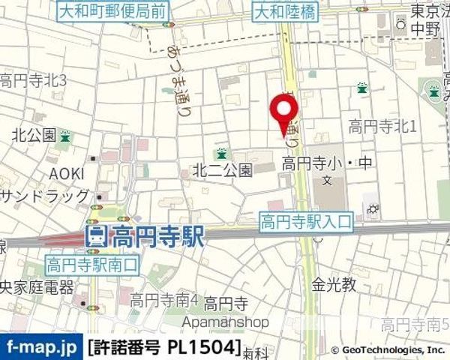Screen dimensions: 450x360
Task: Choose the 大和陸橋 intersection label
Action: [284, 11]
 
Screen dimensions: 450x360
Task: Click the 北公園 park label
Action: [33, 136]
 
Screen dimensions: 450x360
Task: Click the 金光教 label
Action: [334, 284]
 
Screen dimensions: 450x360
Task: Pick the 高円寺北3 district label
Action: [34, 80]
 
